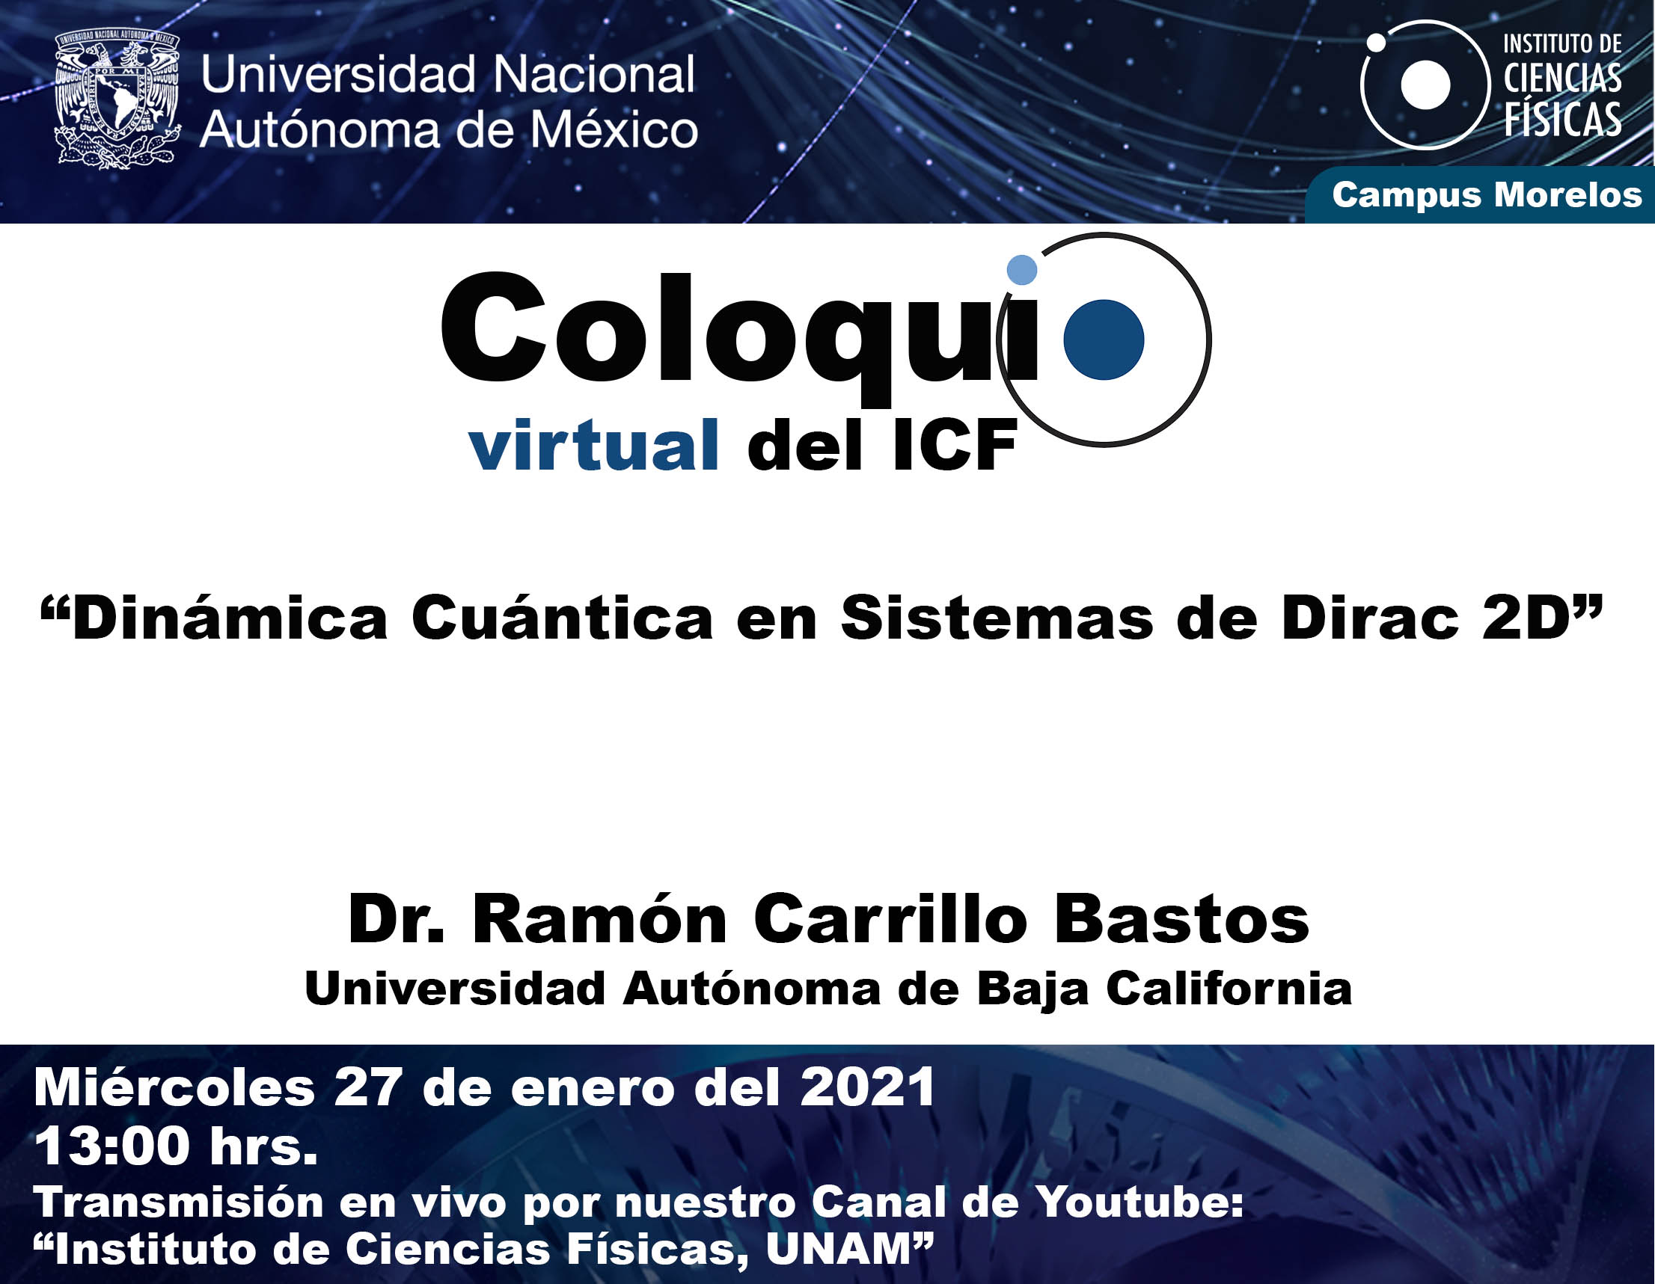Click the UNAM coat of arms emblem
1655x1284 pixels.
point(117,99)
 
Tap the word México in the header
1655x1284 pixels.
point(613,129)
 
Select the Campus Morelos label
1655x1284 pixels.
point(1487,194)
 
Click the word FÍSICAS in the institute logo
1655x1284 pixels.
point(1562,120)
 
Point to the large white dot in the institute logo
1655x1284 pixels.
point(1425,85)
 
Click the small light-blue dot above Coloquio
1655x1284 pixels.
point(1021,270)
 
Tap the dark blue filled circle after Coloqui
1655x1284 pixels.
point(1104,340)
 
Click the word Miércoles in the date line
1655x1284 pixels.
point(174,1088)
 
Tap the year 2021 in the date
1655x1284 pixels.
point(868,1088)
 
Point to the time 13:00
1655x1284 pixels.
point(112,1146)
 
